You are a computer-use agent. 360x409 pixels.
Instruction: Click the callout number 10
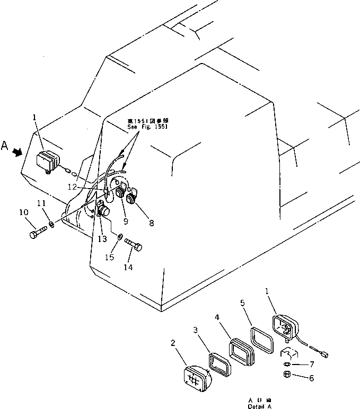[23, 212]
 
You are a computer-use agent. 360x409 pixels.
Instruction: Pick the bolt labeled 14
[133, 245]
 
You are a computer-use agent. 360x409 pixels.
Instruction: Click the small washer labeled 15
[120, 236]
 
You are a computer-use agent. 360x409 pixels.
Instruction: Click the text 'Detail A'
[259, 406]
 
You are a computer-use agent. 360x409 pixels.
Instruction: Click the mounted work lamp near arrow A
[48, 161]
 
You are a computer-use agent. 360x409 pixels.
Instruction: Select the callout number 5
[242, 303]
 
